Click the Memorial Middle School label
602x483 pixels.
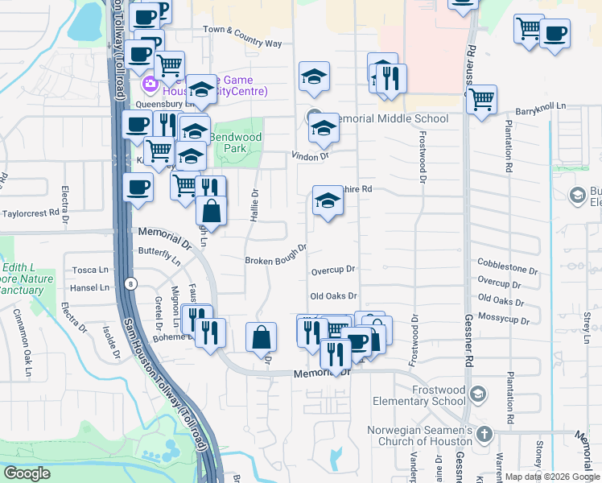point(390,119)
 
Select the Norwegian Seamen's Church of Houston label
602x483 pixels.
point(419,436)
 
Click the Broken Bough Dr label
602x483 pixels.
point(276,254)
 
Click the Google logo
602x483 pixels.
point(27,473)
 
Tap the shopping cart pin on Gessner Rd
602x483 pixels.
point(481,100)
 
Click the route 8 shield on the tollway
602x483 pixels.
point(130,283)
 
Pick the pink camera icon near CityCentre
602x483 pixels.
point(150,84)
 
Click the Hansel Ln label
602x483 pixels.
point(89,287)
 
